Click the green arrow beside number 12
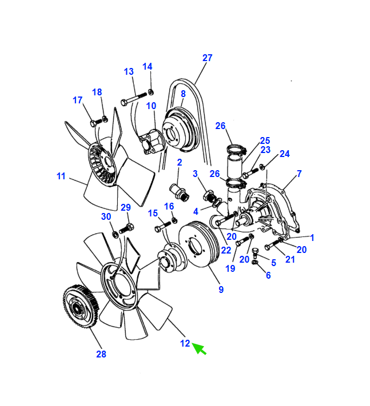(199, 348)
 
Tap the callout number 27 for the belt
(207, 58)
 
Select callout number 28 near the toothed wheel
(101, 354)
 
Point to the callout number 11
(61, 176)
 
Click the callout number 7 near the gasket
(299, 174)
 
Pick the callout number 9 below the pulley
(221, 289)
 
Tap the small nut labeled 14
(150, 92)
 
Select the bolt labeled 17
(96, 122)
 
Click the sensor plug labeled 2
(180, 192)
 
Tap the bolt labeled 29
(126, 228)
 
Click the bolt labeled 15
(162, 226)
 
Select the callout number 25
(265, 140)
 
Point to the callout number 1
(312, 238)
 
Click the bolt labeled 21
(273, 244)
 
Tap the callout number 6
(268, 275)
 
